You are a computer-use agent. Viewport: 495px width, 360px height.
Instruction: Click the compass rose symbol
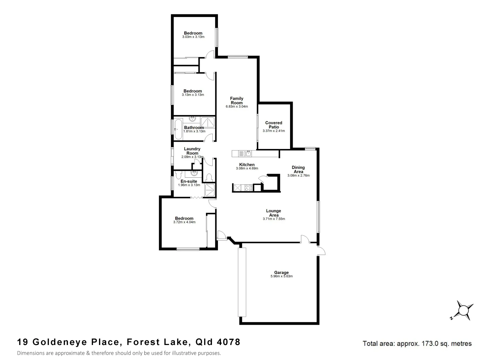coord(463,310)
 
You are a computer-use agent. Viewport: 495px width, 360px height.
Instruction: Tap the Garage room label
coord(281,272)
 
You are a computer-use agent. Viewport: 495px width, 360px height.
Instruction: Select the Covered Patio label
coord(274,125)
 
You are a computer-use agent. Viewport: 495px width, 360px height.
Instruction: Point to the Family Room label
coord(237,100)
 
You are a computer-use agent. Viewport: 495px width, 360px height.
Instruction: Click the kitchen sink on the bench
coord(248,153)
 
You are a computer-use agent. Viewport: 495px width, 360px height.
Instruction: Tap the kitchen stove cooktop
coord(248,188)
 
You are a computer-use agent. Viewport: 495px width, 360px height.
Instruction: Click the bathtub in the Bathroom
coord(178,129)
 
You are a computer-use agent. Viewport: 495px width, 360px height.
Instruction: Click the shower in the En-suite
coord(210,189)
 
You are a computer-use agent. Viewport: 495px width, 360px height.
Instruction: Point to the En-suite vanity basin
coord(193,173)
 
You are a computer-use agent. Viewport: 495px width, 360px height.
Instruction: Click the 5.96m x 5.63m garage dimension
coord(281,276)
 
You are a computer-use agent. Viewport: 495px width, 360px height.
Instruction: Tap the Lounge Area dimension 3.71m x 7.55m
coord(274,219)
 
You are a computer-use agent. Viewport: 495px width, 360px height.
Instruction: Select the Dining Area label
coord(298,169)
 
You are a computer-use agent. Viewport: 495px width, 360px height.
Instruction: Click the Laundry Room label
coord(192,151)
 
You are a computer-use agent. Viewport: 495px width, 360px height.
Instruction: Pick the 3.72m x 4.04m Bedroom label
coord(184,218)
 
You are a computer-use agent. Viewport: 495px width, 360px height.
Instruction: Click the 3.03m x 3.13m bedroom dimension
coord(193,37)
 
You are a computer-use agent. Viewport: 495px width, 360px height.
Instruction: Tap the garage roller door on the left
coord(242,282)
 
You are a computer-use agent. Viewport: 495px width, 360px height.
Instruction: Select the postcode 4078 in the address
coord(228,342)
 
